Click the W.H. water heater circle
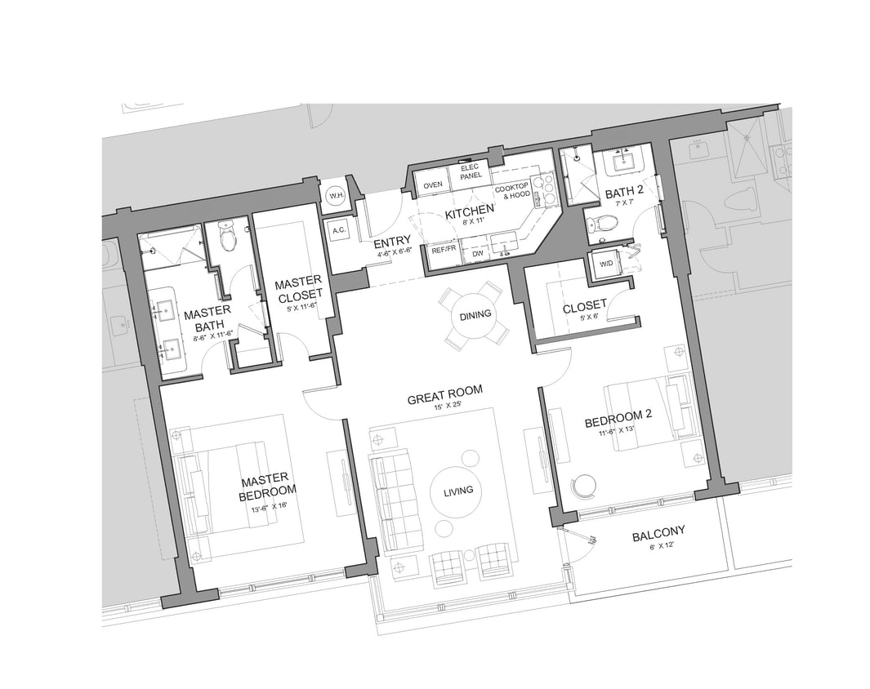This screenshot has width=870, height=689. [336, 197]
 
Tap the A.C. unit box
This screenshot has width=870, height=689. [340, 231]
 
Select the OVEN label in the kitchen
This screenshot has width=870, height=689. [432, 185]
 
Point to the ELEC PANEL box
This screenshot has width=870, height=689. [471, 171]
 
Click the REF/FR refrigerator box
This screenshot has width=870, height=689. [444, 250]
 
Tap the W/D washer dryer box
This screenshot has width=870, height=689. [606, 264]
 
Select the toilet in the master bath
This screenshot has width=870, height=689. [228, 236]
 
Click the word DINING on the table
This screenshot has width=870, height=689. [475, 315]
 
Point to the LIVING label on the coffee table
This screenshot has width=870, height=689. [458, 490]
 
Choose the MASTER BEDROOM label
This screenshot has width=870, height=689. [267, 487]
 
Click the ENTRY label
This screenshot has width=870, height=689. [391, 242]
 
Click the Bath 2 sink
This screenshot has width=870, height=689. [628, 161]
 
